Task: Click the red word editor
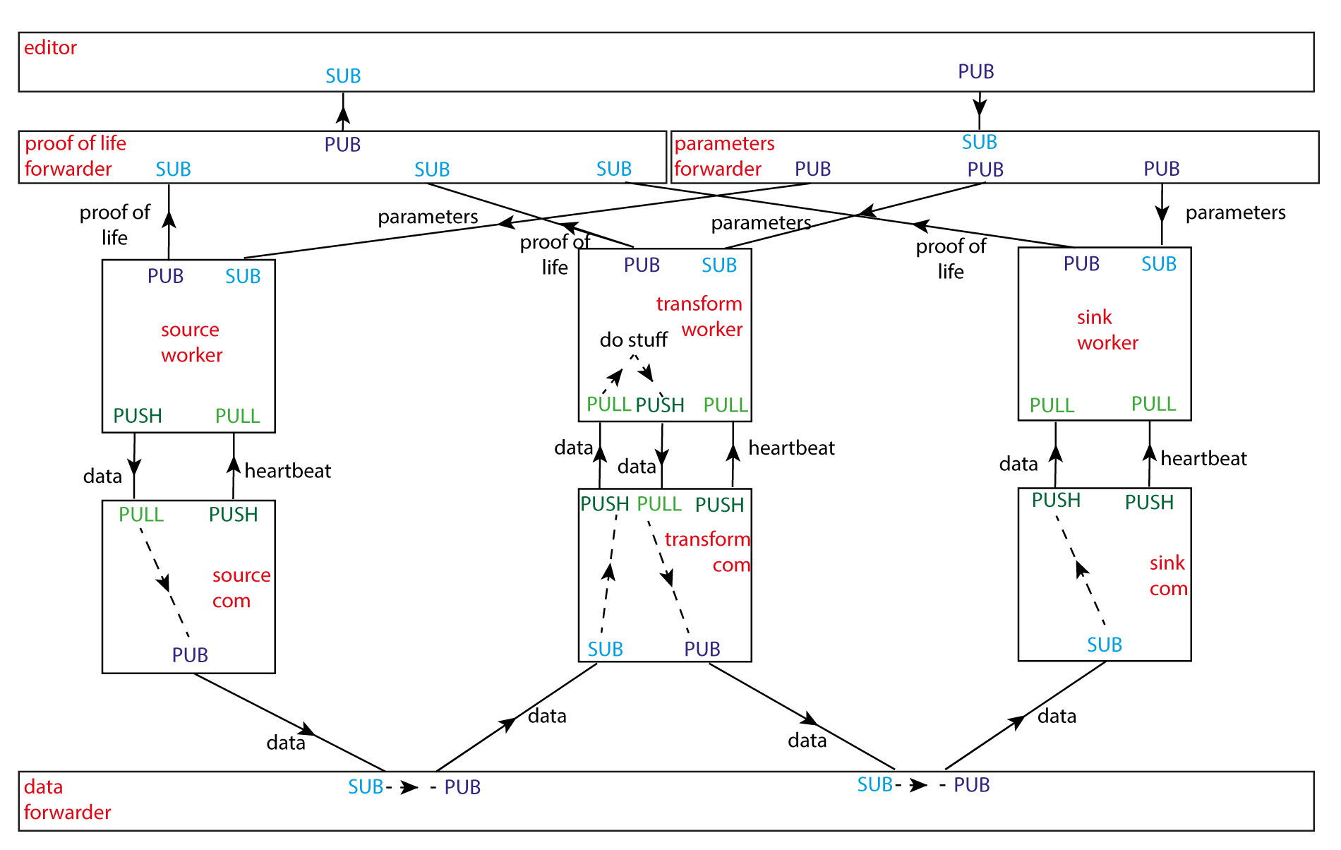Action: pos(50,48)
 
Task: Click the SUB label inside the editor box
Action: pos(343,76)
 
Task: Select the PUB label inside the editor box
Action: pos(975,72)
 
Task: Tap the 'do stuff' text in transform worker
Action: pos(633,340)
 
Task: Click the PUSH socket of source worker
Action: pos(138,416)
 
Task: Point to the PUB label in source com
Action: pos(190,655)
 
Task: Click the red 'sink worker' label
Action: pos(1107,330)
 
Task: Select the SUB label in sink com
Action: pos(1104,645)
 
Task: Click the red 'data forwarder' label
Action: pos(67,800)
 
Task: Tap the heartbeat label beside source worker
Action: pos(287,471)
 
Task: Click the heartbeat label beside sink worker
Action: pos(1203,459)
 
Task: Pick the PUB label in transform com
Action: pos(702,650)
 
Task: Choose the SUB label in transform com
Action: pos(605,650)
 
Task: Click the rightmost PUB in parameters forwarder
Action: pos(1161,169)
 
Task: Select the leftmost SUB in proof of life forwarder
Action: pos(173,169)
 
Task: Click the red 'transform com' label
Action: pos(707,552)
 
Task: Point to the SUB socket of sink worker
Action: pos(1158,264)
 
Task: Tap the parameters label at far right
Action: pos(1235,212)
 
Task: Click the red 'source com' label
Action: pos(241,588)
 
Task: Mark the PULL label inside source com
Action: pos(140,515)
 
